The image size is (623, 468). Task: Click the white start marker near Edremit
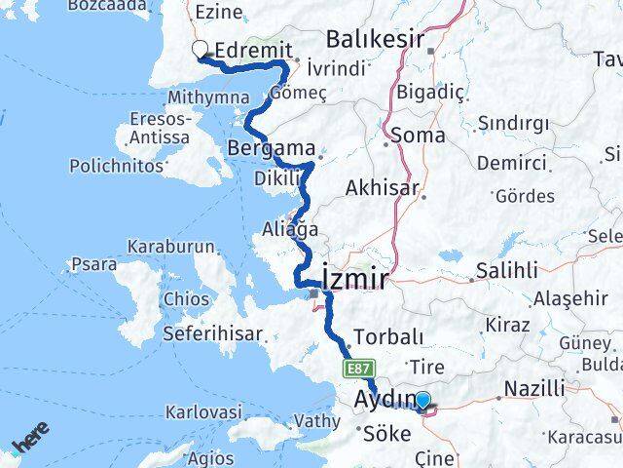pyautogui.click(x=201, y=49)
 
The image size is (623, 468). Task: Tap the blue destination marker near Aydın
pyautogui.click(x=422, y=399)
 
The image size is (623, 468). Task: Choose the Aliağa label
pyautogui.click(x=291, y=229)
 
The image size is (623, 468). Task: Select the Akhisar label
pyautogui.click(x=388, y=188)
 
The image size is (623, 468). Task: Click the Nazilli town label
pyautogui.click(x=534, y=389)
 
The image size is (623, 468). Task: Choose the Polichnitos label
pyautogui.click(x=117, y=167)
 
